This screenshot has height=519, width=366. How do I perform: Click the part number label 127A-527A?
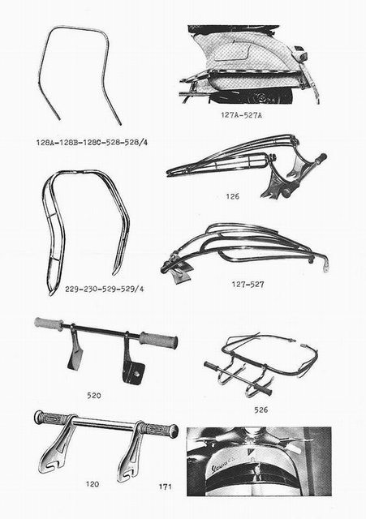[x=242, y=115]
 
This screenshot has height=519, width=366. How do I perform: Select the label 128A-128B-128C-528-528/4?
[x=92, y=143]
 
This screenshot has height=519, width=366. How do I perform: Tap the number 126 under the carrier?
[x=233, y=196]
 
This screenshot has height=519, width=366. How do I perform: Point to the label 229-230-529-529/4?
[x=105, y=289]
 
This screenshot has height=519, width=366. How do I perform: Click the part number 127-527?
[x=248, y=285]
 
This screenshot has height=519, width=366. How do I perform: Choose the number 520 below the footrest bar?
[x=94, y=395]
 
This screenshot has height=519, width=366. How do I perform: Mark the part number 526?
[x=261, y=410]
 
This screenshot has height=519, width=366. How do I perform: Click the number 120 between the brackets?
[x=93, y=484]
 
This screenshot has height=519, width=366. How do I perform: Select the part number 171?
[x=165, y=487]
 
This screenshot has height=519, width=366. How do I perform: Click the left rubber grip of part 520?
[x=49, y=324]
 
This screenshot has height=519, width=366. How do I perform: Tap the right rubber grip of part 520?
[x=158, y=340]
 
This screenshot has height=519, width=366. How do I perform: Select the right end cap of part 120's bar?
[x=173, y=431]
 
